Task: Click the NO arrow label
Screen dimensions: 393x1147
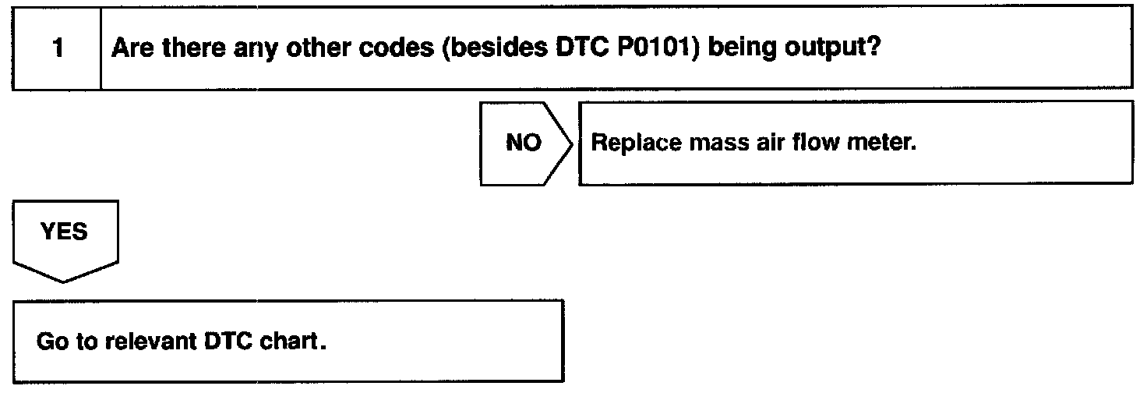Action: (x=523, y=144)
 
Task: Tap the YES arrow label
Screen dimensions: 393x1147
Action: (x=64, y=232)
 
